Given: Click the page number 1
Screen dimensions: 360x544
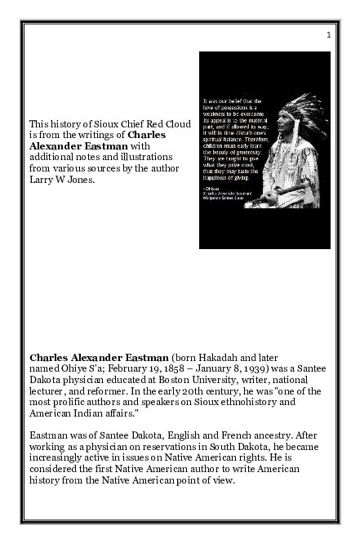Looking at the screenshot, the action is pos(327,34).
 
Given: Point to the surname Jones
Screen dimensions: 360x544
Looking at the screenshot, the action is pos(80,180).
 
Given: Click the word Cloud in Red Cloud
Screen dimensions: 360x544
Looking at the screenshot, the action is pos(176,124).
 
